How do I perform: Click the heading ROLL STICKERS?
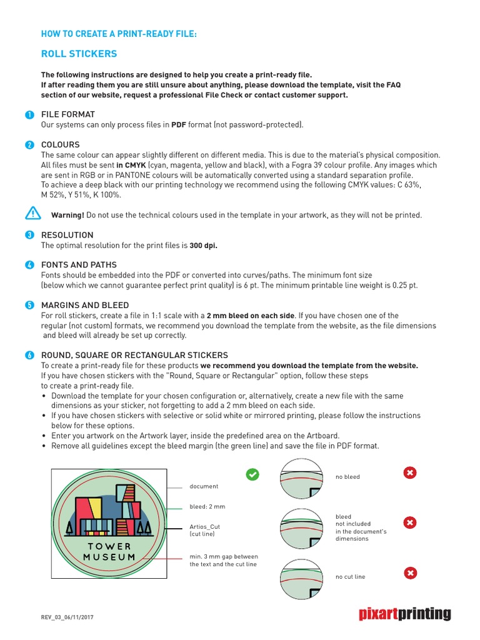point(79,54)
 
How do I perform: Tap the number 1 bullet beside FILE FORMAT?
point(29,114)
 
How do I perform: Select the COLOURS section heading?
point(60,144)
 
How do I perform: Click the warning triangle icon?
point(32,214)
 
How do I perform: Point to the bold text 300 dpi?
point(204,246)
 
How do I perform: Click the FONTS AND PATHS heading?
point(79,265)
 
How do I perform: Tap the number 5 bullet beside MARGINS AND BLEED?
point(29,305)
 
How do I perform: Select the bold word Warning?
point(67,215)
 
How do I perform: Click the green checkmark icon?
point(252,474)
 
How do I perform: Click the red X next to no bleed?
point(409,474)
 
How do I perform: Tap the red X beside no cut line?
point(409,572)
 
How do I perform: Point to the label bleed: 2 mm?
point(207,506)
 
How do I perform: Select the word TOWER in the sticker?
point(109,546)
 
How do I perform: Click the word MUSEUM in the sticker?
point(109,556)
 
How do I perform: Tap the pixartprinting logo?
point(404,614)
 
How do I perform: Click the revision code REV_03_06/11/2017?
point(67,617)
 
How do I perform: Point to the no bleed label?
point(347,477)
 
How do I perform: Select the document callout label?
point(204,486)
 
